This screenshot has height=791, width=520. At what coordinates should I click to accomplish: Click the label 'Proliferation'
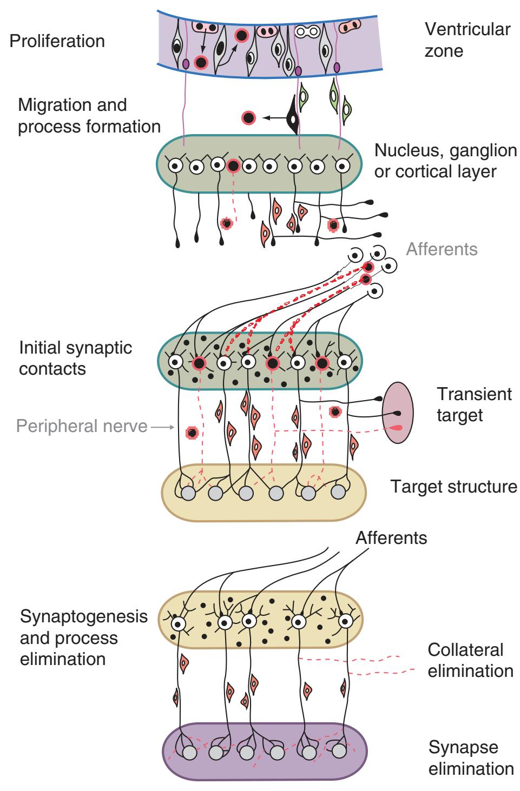57,41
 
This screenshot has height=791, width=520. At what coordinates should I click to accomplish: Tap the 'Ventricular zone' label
467,39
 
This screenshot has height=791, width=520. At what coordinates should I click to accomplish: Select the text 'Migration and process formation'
89,115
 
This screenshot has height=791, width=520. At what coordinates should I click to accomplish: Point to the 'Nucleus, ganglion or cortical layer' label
445,161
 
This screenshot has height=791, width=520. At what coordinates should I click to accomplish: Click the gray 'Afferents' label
442,249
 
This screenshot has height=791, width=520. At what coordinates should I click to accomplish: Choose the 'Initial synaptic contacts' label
75,358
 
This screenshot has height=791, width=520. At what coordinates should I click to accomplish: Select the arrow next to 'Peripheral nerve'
161,427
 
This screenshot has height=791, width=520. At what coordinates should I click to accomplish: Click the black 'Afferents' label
391,538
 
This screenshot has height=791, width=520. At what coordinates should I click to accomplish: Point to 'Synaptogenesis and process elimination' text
83,637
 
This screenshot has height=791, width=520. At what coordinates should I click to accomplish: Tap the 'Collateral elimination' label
470,660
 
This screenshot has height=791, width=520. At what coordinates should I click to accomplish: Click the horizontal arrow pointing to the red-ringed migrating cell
274,117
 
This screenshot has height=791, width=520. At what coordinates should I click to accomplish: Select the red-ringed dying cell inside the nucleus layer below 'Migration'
233,166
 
